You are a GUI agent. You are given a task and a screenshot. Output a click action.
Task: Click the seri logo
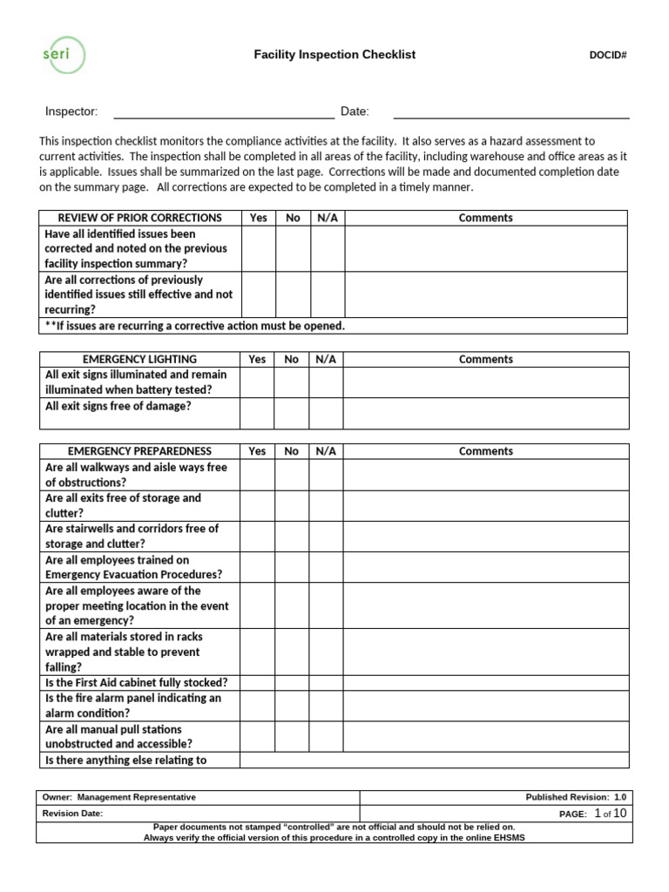tap(64, 54)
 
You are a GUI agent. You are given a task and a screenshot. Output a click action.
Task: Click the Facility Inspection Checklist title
tap(334, 55)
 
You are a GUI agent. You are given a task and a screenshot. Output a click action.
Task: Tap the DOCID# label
tap(608, 56)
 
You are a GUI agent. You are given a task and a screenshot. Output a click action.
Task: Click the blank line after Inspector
tap(224, 111)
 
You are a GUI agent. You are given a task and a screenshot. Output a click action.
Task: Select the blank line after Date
tap(511, 111)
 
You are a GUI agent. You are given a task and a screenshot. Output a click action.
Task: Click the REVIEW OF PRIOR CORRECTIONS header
tap(139, 218)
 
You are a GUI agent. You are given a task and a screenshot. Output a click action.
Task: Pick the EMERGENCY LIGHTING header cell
tap(139, 359)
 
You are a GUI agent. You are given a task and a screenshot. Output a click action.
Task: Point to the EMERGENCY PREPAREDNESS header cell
tap(139, 451)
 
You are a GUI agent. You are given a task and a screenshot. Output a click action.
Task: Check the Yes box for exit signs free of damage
tap(257, 413)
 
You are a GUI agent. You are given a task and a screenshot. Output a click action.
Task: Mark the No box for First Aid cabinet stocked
tap(291, 683)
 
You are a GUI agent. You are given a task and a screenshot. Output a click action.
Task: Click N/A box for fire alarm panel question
tap(325, 706)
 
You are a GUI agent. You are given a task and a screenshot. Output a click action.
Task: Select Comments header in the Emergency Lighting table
tap(485, 359)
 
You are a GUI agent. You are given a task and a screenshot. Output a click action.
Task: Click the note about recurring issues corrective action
tap(195, 326)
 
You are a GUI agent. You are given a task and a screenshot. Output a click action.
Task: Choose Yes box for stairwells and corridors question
tap(257, 536)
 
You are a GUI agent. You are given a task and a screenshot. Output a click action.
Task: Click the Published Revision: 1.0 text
tap(575, 797)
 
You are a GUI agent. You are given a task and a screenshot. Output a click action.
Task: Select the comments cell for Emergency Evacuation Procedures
tap(485, 567)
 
